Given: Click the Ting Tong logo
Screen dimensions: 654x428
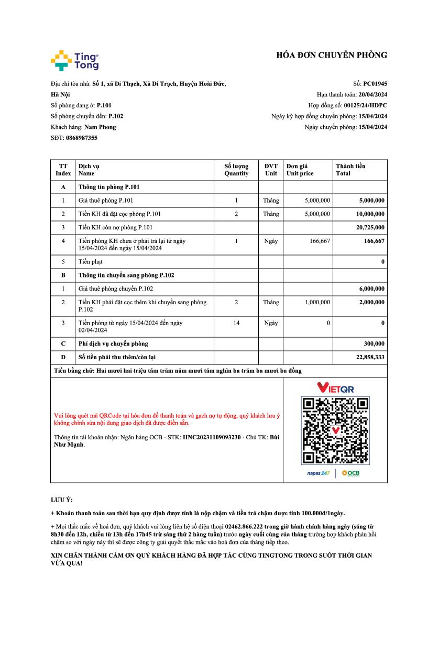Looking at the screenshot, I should point(74,60).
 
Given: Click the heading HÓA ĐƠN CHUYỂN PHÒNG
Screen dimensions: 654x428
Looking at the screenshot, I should point(332,55).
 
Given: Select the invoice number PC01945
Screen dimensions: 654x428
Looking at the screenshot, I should point(375,83).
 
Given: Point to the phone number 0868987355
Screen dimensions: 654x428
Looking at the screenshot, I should point(81,138).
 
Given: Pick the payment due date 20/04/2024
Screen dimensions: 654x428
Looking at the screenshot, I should point(372,94).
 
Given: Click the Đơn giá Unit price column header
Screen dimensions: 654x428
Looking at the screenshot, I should point(300,170).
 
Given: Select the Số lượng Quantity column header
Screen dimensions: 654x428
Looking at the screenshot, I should point(236,170).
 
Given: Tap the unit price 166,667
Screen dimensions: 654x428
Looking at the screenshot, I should point(318,241).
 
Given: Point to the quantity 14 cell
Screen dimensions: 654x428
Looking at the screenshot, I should point(236,323).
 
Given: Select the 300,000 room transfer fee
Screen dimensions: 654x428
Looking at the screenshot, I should point(374,343).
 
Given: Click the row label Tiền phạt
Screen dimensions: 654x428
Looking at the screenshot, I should point(90,261).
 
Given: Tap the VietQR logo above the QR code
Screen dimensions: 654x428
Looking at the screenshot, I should point(335,388).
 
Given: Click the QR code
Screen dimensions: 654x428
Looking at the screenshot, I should point(335,430).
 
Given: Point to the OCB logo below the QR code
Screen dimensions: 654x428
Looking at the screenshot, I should point(350,473).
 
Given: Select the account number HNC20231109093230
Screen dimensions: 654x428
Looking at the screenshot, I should point(211,437).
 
